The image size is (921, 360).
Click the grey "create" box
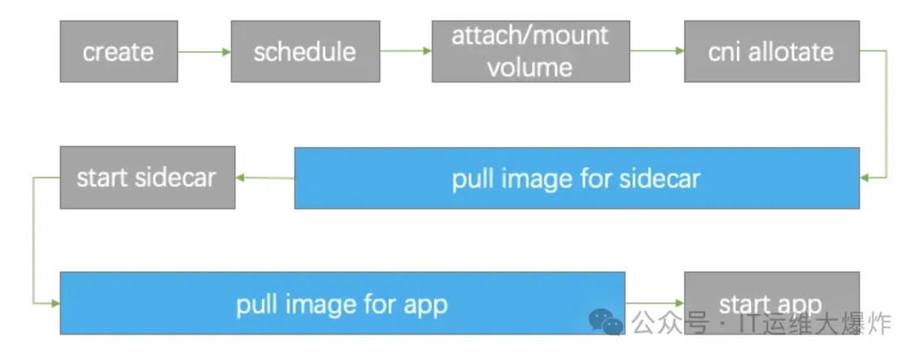pos(119,51)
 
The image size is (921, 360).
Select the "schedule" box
pos(304,51)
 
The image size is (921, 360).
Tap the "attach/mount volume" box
pos(530,51)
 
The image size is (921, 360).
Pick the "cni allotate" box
pos(771,51)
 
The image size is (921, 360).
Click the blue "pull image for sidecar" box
pos(576,178)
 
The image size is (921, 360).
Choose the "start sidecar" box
pos(147,178)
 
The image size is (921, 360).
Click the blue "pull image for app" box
pos(342,303)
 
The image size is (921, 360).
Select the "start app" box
pos(771,303)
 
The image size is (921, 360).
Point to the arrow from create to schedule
pos(205,52)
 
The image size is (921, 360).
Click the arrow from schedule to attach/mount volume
pos(406,52)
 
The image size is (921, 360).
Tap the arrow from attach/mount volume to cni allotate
pos(656,52)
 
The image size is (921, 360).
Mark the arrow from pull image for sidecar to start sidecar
pos(265,178)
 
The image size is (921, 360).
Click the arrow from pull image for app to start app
pos(655,303)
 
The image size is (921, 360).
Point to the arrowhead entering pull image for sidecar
pos(865,178)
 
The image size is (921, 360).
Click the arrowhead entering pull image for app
pos(55,303)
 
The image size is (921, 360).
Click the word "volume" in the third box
pos(530,67)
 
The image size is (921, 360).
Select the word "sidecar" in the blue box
pos(659,178)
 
